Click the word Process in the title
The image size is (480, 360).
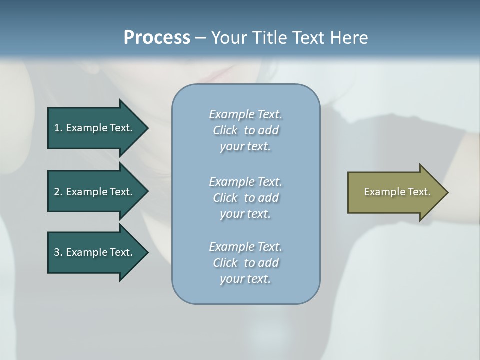coord(157,38)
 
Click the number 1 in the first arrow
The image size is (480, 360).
coord(57,128)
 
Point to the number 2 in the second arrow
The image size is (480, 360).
coord(57,192)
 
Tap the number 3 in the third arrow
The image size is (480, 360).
coord(57,252)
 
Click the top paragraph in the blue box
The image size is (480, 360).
coord(245,130)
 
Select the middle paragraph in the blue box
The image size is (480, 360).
coord(245,198)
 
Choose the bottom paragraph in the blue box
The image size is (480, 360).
coord(245,263)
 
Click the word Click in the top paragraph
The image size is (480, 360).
coord(225,130)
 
